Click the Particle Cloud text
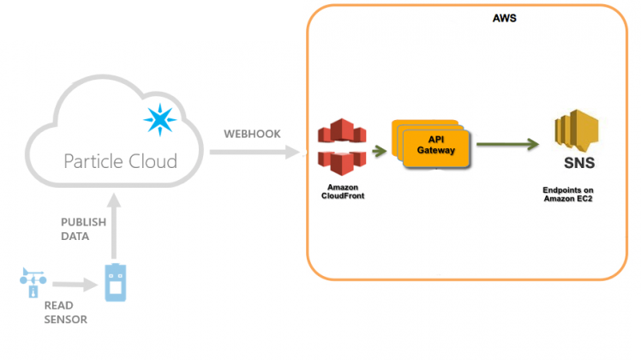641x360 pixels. pyautogui.click(x=121, y=160)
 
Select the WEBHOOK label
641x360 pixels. pyautogui.click(x=252, y=135)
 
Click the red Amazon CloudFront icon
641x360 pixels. pyautogui.click(x=340, y=147)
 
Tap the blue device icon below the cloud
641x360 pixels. pyautogui.click(x=115, y=283)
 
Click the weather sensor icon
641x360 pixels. pyautogui.click(x=33, y=281)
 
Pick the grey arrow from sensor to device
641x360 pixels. pyautogui.click(x=72, y=283)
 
